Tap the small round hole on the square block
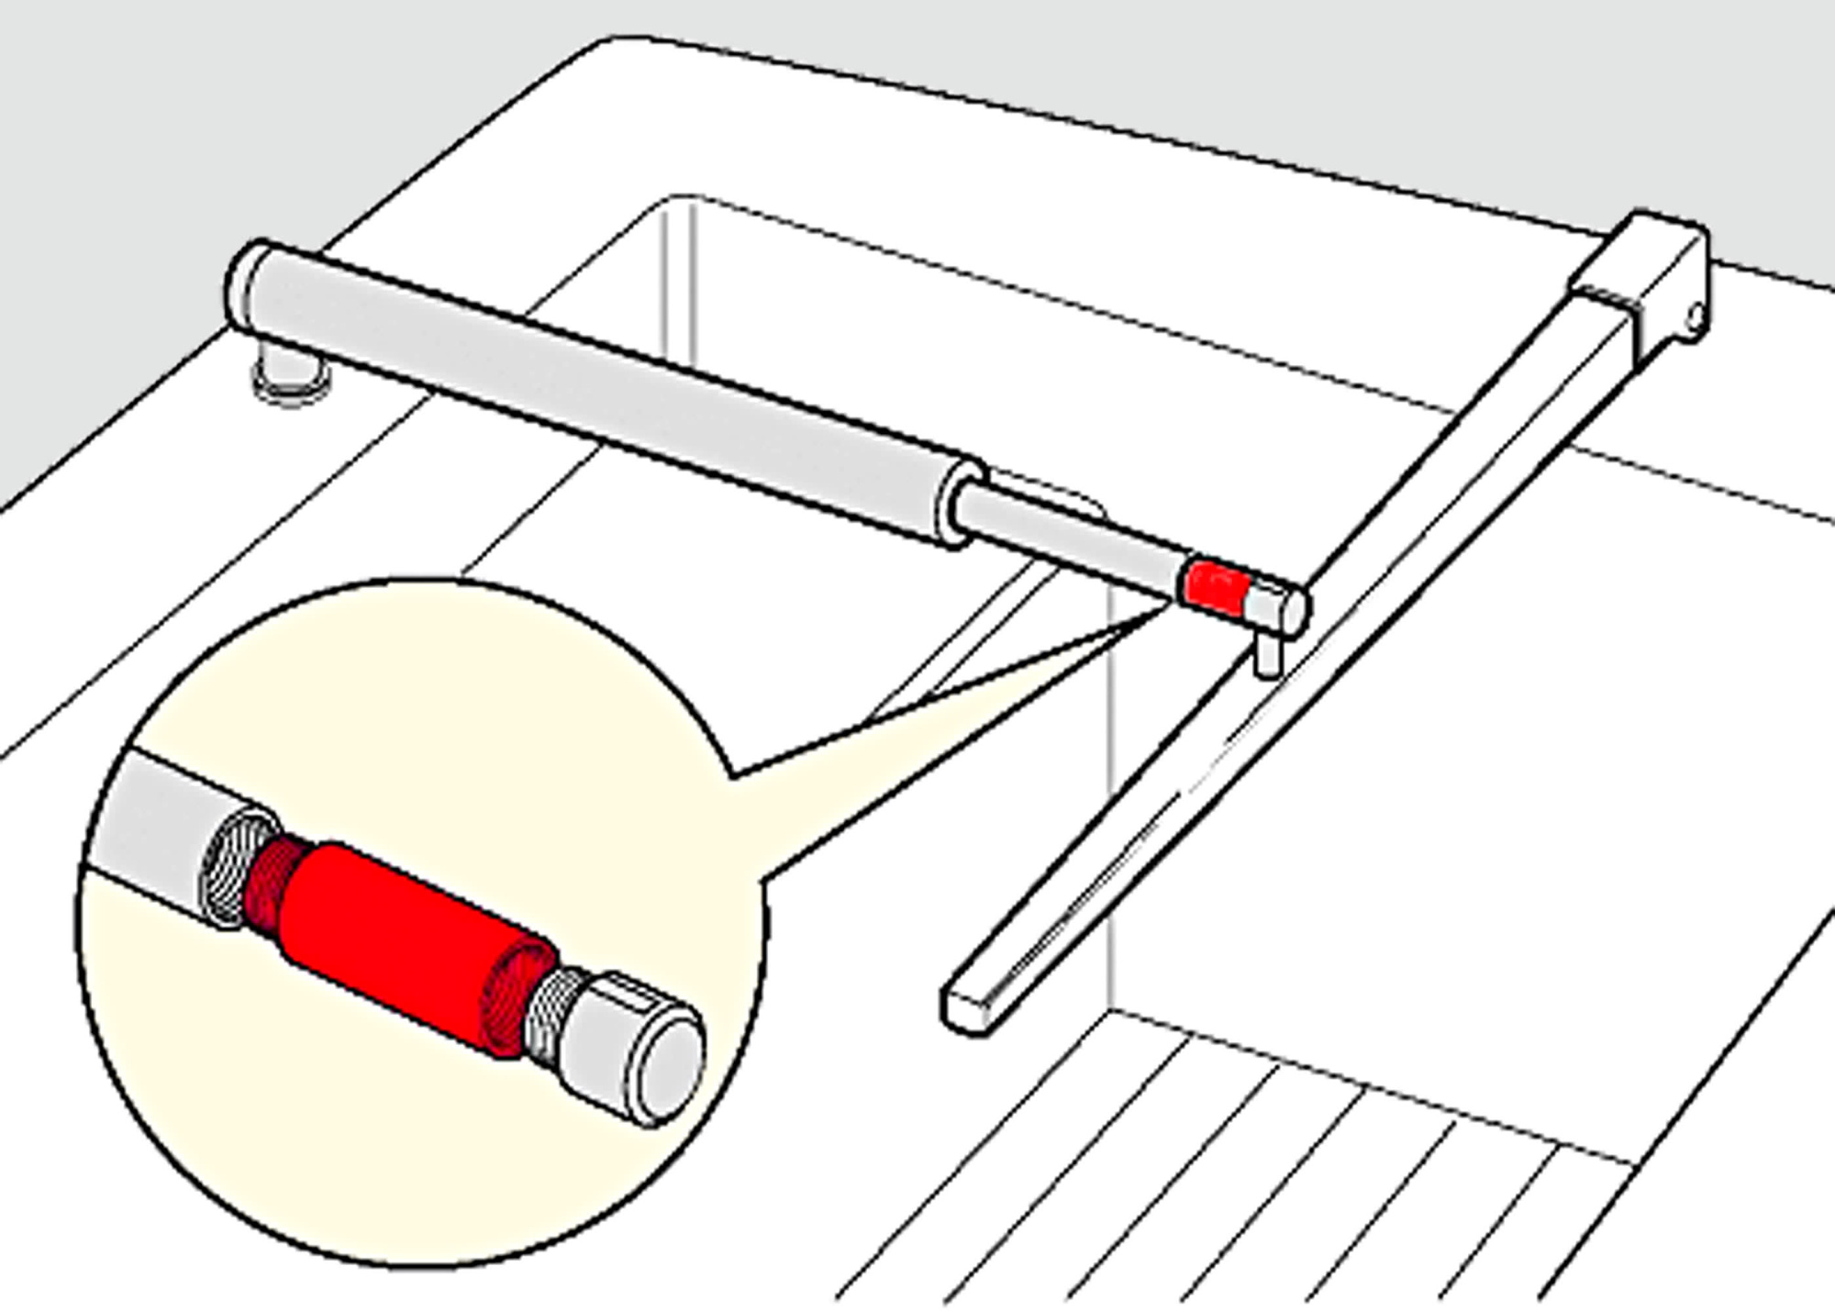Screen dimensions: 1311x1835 (x=1696, y=318)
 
